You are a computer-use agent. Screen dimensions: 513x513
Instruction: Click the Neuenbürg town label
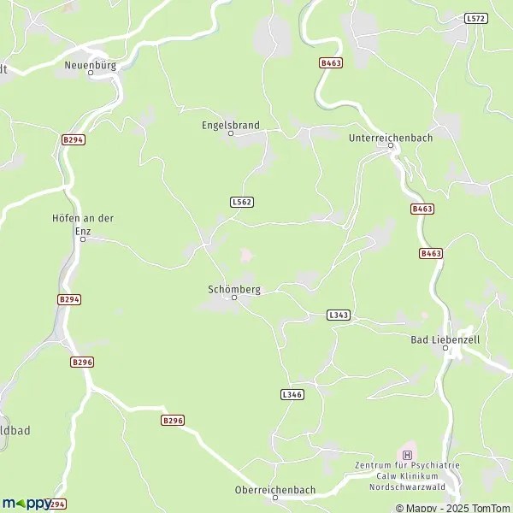(90, 64)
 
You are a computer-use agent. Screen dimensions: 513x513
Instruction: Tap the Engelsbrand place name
(230, 125)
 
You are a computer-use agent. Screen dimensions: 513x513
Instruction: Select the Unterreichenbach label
(391, 137)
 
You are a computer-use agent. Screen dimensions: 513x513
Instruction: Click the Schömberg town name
(233, 289)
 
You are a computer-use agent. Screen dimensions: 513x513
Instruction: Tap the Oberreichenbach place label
(274, 490)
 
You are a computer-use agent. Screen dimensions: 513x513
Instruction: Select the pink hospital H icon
(407, 454)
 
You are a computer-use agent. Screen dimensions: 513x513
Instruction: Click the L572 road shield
(475, 18)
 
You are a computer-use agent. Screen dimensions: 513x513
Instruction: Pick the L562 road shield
(242, 202)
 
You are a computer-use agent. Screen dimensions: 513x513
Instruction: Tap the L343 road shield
(339, 315)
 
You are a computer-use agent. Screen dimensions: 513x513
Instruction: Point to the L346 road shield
(292, 394)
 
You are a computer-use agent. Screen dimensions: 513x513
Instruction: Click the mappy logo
(27, 504)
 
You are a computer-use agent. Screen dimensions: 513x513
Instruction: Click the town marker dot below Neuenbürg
(90, 74)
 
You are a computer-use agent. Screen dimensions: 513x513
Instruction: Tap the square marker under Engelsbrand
(230, 133)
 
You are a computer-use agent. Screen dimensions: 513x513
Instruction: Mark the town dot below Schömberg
(233, 298)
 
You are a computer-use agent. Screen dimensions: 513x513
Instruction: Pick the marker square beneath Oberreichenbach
(274, 498)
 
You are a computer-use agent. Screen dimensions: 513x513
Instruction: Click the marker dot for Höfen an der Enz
(83, 239)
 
